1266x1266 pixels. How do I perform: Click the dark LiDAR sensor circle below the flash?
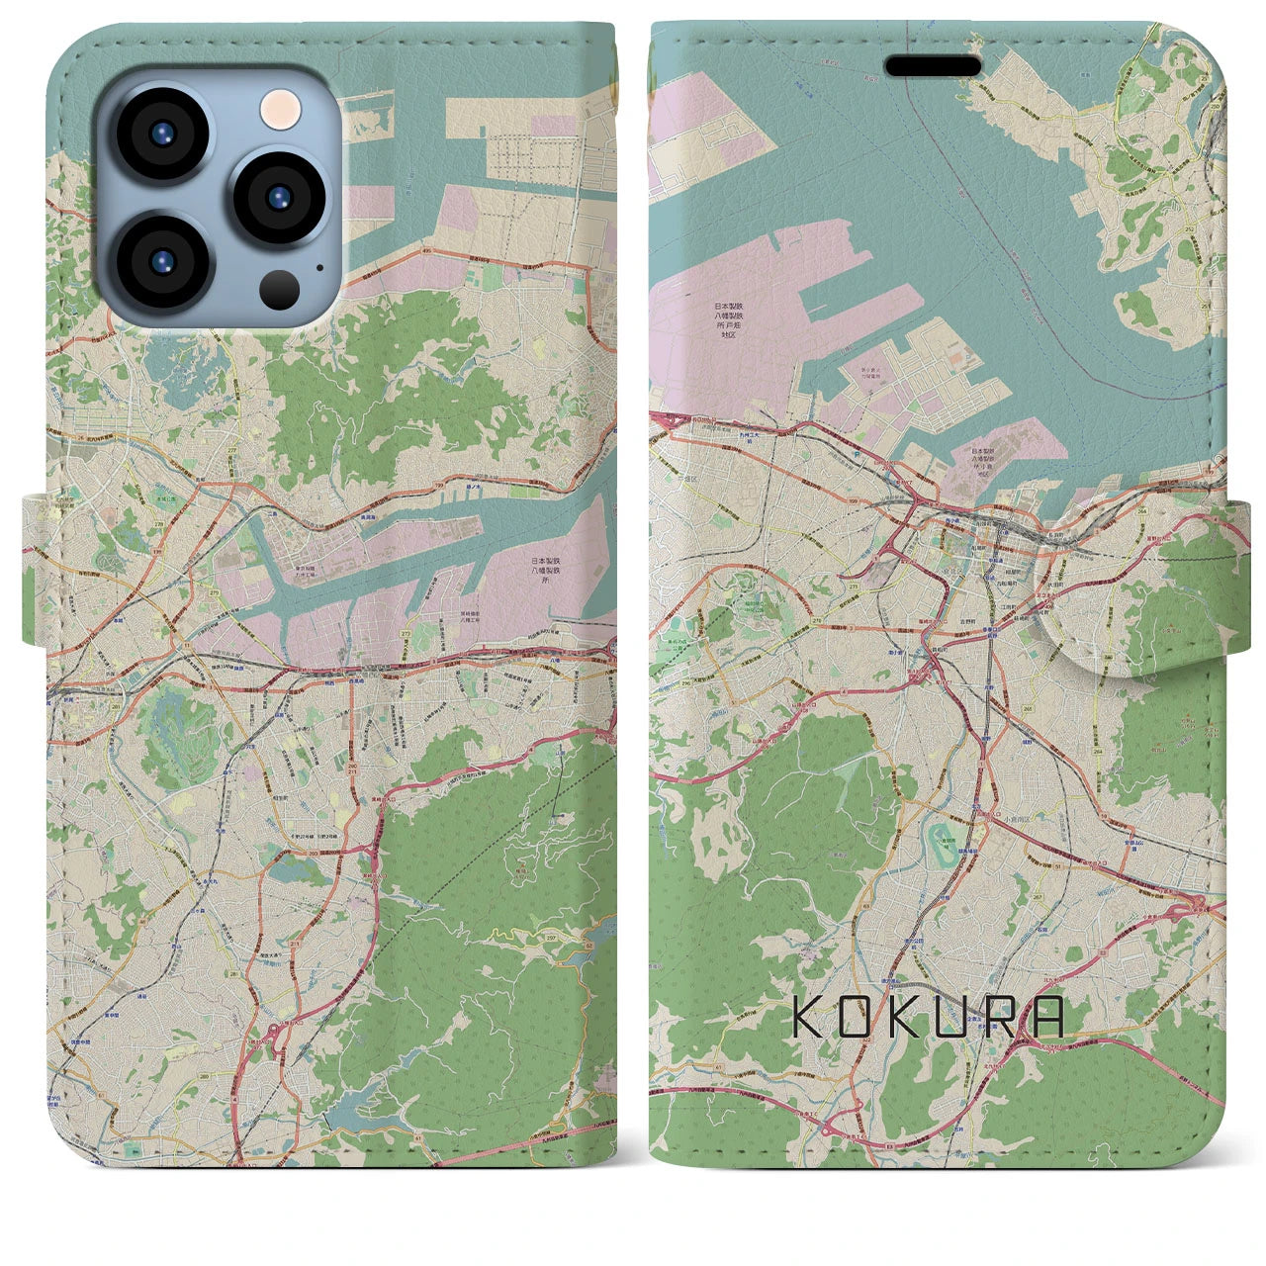point(280,288)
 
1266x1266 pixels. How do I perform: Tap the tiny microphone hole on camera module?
point(319,266)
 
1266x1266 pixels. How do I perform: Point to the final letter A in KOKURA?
point(1046,1017)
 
